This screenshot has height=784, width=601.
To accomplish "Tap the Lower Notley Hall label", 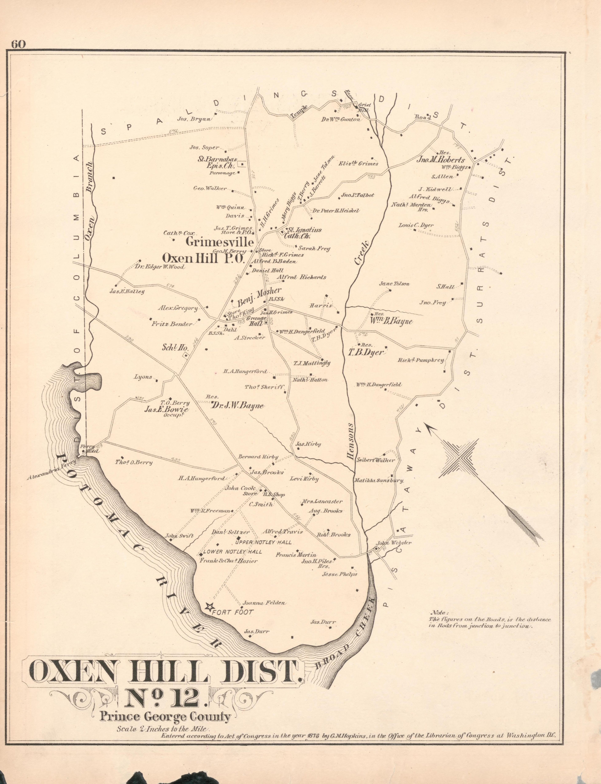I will point(233,552).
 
